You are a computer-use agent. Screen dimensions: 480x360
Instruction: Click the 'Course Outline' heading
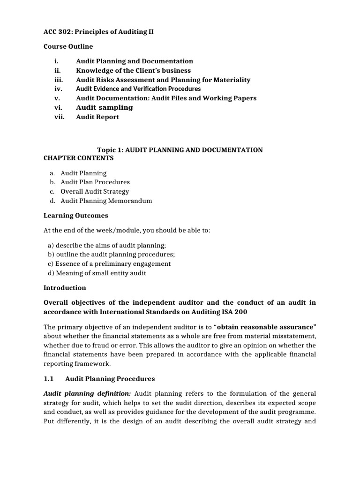(68, 46)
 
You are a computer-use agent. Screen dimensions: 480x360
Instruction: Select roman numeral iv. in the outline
(58, 89)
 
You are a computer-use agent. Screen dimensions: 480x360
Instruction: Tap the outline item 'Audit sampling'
(104, 108)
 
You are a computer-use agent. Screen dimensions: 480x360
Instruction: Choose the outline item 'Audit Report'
(97, 117)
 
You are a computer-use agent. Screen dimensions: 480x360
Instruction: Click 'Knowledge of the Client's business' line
(133, 70)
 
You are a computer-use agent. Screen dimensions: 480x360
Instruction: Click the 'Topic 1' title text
(180, 150)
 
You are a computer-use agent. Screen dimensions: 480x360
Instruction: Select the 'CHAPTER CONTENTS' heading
(79, 158)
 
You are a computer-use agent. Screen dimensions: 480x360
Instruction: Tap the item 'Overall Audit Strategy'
(95, 191)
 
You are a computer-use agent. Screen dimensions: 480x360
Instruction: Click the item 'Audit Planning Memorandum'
(106, 201)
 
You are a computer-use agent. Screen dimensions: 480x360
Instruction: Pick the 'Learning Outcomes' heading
(76, 216)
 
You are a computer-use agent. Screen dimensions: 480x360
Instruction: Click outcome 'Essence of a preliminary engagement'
(109, 263)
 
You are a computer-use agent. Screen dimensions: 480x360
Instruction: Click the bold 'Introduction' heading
(65, 288)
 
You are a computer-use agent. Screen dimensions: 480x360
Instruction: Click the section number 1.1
(49, 379)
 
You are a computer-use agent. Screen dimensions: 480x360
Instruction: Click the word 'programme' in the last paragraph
(297, 412)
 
